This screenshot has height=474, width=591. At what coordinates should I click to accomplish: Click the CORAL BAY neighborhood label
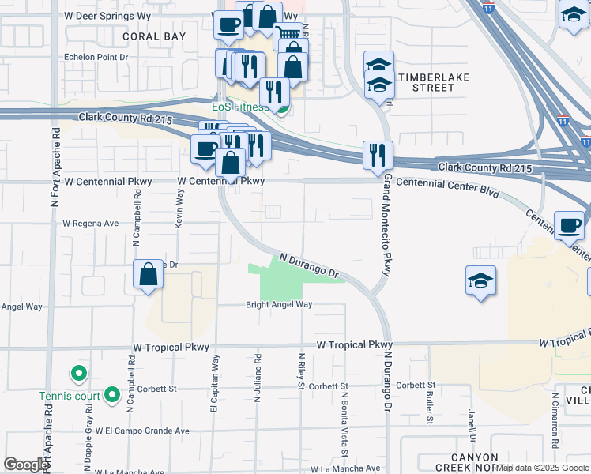(x=154, y=36)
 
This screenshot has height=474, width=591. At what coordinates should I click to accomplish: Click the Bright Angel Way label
(x=279, y=304)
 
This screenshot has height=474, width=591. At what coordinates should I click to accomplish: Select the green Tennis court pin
(x=111, y=393)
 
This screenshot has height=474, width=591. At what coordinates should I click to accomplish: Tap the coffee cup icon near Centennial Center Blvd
(x=568, y=225)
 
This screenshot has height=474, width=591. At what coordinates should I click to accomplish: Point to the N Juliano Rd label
(x=258, y=379)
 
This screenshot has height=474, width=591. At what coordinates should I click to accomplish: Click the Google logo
(x=25, y=465)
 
